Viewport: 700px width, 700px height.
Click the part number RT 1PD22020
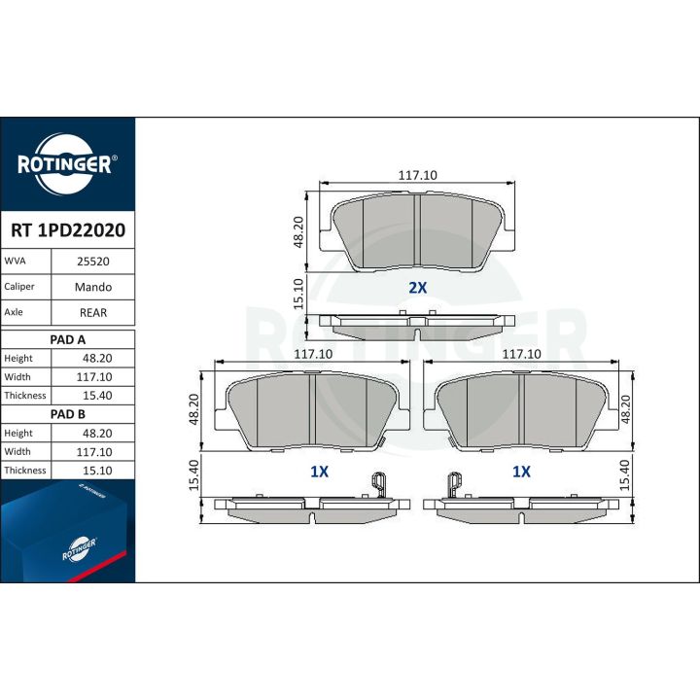click(x=68, y=230)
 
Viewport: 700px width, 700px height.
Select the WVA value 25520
click(x=93, y=262)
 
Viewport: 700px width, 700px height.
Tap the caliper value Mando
click(x=93, y=287)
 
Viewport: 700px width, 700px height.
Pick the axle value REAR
click(x=93, y=312)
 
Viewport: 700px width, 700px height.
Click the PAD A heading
click(x=67, y=339)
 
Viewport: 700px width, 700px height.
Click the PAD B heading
click(x=67, y=414)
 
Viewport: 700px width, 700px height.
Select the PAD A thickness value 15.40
click(x=97, y=396)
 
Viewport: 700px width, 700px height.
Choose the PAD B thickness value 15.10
click(x=97, y=471)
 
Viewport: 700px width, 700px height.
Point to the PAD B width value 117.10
click(x=94, y=452)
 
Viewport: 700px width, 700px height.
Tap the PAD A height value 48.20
click(x=97, y=358)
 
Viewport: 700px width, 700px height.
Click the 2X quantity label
click(x=418, y=288)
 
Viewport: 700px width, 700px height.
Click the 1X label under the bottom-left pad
click(x=319, y=472)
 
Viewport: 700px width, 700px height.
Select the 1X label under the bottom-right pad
click(x=521, y=472)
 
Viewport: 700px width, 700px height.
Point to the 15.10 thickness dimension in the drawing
click(x=298, y=294)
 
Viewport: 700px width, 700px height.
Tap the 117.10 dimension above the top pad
click(x=417, y=175)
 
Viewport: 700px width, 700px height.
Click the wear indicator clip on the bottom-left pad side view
click(x=378, y=484)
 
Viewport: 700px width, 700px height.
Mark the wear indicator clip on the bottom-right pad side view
click(x=454, y=484)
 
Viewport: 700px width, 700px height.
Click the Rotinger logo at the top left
click(x=67, y=164)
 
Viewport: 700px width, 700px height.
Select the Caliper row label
click(x=19, y=287)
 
